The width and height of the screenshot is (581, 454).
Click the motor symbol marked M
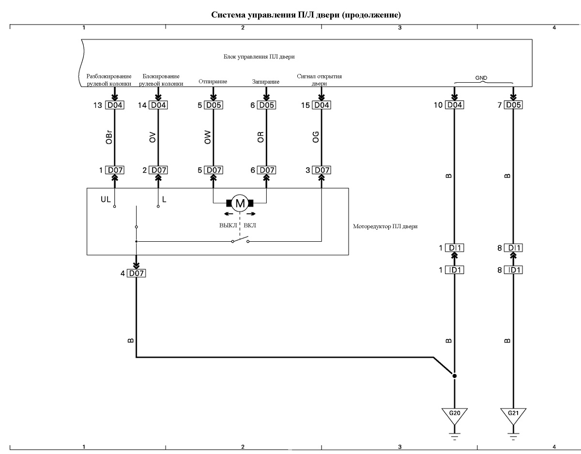point(240,203)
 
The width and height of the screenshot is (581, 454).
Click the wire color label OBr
point(109,137)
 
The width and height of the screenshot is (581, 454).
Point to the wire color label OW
point(208,137)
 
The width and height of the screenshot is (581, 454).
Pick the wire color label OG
point(316,137)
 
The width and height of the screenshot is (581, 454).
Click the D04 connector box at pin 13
point(115,105)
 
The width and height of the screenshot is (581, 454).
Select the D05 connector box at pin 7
point(513,105)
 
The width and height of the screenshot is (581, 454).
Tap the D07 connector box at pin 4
point(137,273)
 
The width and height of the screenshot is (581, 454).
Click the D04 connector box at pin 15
point(321,105)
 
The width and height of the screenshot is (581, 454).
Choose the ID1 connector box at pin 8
point(513,270)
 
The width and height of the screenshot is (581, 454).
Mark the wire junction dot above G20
point(454,376)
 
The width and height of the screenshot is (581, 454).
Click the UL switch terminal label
point(106,199)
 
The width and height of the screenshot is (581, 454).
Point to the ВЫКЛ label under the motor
point(228,225)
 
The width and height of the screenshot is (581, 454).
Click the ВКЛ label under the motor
point(250,225)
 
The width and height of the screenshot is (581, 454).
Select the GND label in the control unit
point(481,78)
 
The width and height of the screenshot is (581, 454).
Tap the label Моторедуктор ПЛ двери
point(385,226)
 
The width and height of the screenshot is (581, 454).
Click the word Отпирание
point(213,81)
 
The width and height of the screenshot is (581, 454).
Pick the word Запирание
point(265,81)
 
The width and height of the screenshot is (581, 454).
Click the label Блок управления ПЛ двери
point(259,57)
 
